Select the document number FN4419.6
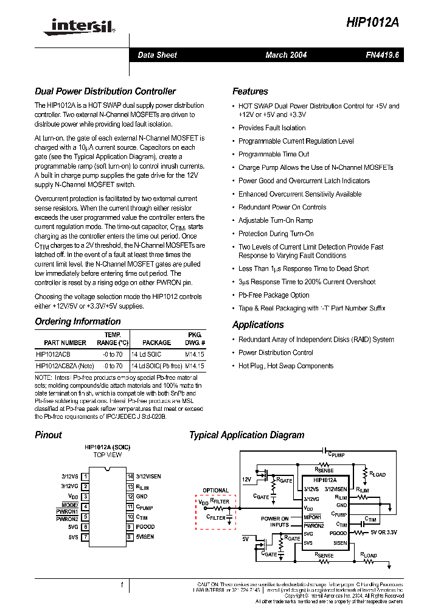(x=382, y=55)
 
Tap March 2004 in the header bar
(x=286, y=55)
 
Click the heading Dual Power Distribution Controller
(x=105, y=91)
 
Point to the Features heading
(x=250, y=91)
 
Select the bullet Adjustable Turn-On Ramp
(x=276, y=220)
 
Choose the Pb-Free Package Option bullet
(x=274, y=295)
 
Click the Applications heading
(x=258, y=324)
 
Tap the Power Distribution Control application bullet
(x=276, y=352)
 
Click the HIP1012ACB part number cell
(x=54, y=354)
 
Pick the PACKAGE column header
(x=156, y=343)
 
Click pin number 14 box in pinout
(x=130, y=476)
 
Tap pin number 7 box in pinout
(x=85, y=537)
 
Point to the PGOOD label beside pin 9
(x=145, y=527)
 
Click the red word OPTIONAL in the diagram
(x=216, y=490)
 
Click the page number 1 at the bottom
(x=122, y=585)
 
